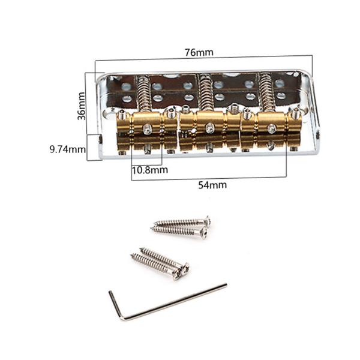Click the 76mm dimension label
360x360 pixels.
pos(199,52)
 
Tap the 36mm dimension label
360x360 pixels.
pos(81,106)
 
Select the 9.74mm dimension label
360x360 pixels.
pos(68,149)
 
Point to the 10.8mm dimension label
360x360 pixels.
pos(149,170)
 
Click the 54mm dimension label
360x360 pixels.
pos(212,185)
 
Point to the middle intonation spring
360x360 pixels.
pos(205,93)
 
